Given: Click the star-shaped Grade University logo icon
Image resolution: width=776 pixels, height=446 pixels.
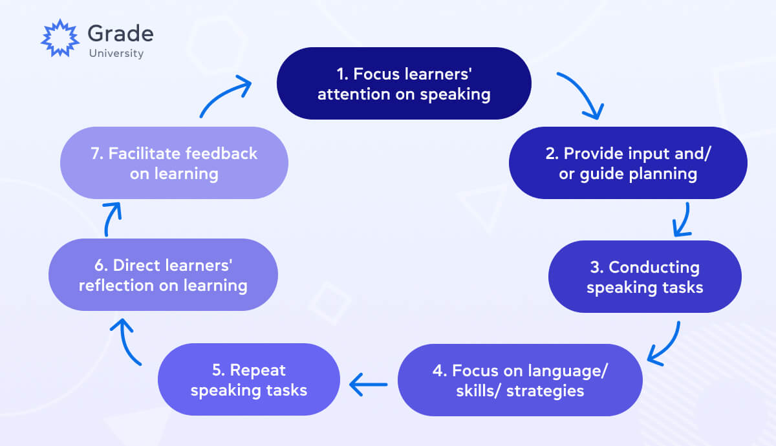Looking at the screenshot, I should point(59,37).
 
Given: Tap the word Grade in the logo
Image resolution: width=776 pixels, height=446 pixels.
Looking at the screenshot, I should point(120,33).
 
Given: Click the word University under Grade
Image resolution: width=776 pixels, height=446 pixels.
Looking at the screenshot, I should point(116,54).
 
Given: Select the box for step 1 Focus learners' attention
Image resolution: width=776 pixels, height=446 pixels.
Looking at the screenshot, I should point(404,83).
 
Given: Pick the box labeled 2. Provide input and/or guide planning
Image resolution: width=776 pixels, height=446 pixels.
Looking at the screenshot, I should point(628,163).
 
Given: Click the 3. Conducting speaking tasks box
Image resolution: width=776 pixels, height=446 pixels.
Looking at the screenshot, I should point(645,277).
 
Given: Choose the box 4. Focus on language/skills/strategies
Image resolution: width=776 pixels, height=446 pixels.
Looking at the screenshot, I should point(520,380).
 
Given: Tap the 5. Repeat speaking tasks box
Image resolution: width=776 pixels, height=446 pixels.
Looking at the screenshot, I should point(249,379).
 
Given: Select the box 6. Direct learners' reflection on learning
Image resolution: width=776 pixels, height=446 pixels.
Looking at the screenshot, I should point(163,275).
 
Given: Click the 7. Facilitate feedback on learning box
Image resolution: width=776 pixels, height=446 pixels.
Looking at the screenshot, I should point(174,163).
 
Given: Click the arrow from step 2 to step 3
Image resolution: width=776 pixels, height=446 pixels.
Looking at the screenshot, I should point(682,220).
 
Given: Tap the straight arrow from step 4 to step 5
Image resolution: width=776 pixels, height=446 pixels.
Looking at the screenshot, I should point(369,385).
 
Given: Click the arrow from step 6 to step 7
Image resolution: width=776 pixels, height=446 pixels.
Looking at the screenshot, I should point(111,218).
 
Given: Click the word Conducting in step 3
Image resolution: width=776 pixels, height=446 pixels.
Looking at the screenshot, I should point(654,267).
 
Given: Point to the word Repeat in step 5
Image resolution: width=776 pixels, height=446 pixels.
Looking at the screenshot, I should point(258,370).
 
